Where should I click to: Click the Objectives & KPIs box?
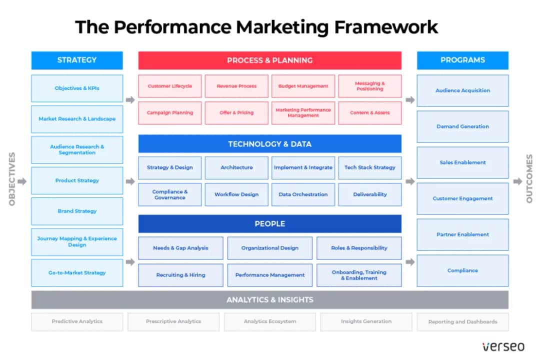coord(77,88)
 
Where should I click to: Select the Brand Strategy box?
coord(77,211)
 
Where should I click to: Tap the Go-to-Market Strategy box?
coord(77,273)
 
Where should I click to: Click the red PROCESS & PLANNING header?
coord(269,60)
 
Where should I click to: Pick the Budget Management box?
coord(303,86)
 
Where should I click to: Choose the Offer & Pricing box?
coord(236,113)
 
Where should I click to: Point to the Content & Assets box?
coord(370,113)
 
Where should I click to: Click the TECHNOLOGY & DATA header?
coord(269,144)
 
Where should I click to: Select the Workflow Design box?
coord(236,194)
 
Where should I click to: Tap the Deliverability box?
coord(370,194)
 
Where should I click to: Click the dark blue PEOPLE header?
coord(269,224)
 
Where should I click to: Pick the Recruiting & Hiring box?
coord(180,275)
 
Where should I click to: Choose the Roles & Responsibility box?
coord(359,248)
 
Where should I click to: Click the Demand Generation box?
coord(462,126)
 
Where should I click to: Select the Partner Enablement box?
coord(462,234)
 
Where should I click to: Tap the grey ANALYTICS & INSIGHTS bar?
coord(269,300)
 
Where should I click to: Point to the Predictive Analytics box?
coord(77,321)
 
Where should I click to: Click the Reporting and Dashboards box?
coord(462,322)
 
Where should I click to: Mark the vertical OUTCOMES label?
coord(529,178)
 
